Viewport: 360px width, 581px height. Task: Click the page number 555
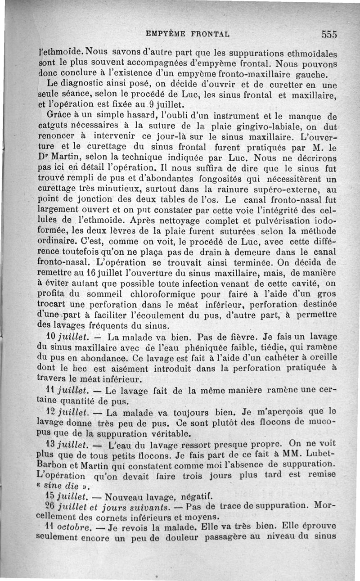coord(329,34)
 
